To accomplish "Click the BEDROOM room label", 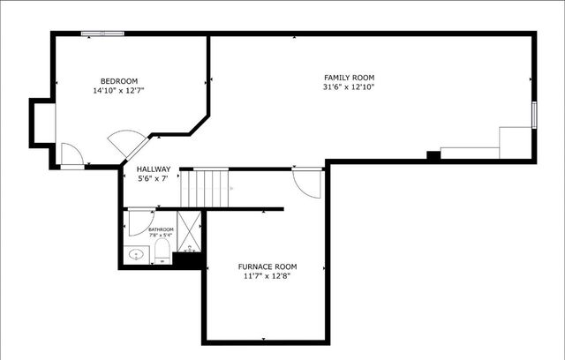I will [x=119, y=80].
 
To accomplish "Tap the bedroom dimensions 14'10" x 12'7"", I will [x=119, y=90].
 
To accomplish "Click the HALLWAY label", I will [x=153, y=169].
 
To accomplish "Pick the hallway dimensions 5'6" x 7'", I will [x=153, y=178].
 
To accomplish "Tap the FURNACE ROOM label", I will [x=267, y=266].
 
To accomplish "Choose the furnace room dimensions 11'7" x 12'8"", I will [x=267, y=276].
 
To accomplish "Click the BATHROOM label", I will [x=162, y=229].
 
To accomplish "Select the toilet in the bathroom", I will [x=162, y=253].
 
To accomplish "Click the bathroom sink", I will [x=136, y=255].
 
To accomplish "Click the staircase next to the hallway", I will [x=209, y=186].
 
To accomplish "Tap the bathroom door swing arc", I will [x=139, y=221].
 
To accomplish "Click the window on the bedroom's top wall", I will [x=102, y=34].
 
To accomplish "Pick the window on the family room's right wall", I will [x=534, y=115].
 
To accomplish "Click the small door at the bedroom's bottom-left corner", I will [x=72, y=155].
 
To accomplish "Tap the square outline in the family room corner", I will [x=515, y=141].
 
